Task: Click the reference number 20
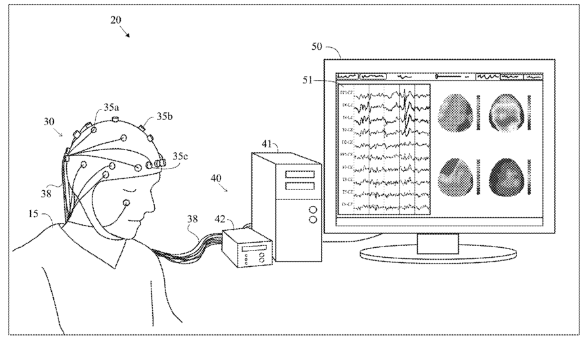point(115,20)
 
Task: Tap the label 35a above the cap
point(112,105)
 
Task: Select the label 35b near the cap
point(165,117)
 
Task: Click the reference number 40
point(217,178)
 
